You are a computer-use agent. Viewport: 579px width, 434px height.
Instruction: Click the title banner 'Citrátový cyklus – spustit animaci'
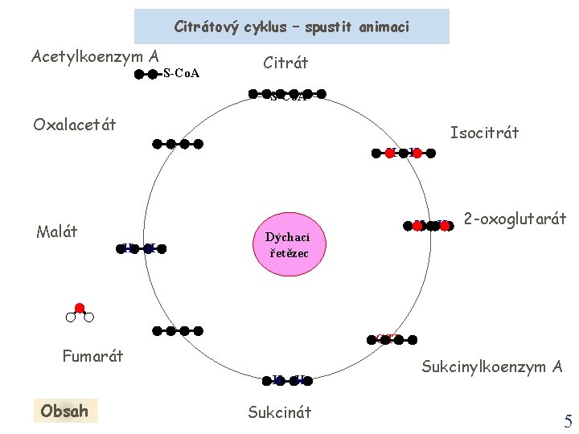tap(291, 27)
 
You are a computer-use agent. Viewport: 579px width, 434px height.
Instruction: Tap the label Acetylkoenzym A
tap(95, 56)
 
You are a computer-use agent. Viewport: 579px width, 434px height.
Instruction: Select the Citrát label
tap(285, 63)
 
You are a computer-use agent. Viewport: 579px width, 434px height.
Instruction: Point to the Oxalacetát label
tap(75, 124)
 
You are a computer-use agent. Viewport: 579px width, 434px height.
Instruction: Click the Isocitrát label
tap(484, 132)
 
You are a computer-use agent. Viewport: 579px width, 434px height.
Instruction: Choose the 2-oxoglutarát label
tap(515, 218)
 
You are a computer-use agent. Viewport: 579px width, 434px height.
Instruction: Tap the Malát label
tap(57, 232)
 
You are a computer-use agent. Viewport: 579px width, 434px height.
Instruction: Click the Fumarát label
tap(92, 355)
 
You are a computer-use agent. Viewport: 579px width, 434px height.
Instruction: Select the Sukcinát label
tap(279, 412)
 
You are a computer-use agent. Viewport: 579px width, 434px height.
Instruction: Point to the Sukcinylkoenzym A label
tap(491, 367)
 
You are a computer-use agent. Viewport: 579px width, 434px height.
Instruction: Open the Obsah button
tap(64, 411)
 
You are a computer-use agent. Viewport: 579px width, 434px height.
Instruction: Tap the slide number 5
tap(568, 421)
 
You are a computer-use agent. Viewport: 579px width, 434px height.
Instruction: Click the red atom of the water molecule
tap(80, 308)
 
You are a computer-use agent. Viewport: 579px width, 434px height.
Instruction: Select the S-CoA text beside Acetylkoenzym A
tap(181, 74)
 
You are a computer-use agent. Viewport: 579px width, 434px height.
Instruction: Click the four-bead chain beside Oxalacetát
tap(178, 145)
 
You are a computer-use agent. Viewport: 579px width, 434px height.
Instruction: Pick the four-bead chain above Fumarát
tap(178, 330)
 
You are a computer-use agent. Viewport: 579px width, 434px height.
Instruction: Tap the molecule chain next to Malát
tap(138, 248)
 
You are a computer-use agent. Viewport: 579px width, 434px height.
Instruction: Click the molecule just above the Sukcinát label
tap(288, 380)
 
